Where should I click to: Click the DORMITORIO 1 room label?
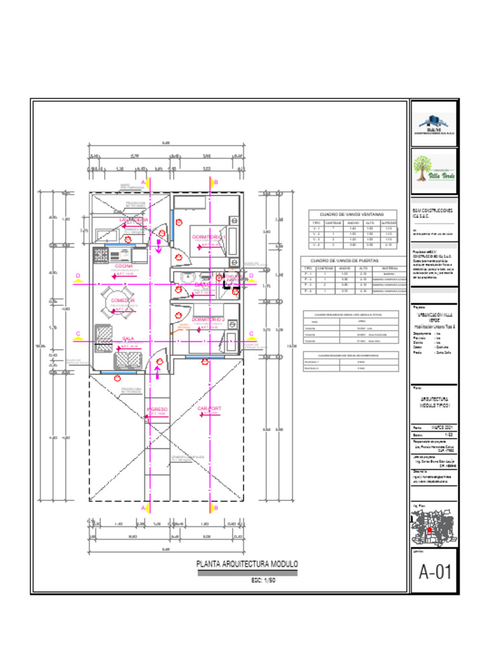(209, 236)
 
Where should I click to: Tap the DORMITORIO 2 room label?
(209, 319)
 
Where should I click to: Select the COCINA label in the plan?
(123, 266)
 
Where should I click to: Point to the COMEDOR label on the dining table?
(123, 300)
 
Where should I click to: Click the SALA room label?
(127, 339)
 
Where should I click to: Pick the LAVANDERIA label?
(134, 219)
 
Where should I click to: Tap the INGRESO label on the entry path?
(157, 409)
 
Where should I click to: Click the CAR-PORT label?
(210, 409)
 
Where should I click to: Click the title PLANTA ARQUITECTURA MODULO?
(247, 564)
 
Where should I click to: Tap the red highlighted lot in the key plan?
(430, 530)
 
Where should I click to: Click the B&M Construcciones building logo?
(434, 125)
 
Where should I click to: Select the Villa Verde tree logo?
(434, 168)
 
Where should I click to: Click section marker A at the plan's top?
(144, 182)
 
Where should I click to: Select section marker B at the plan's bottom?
(216, 508)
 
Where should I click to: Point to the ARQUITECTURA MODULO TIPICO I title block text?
(434, 402)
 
